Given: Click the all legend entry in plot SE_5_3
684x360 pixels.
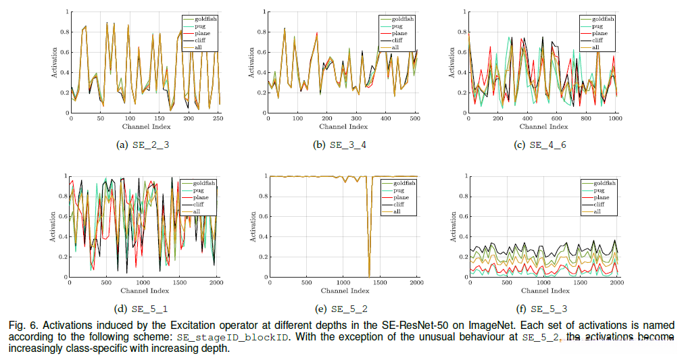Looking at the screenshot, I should coord(598,212).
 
